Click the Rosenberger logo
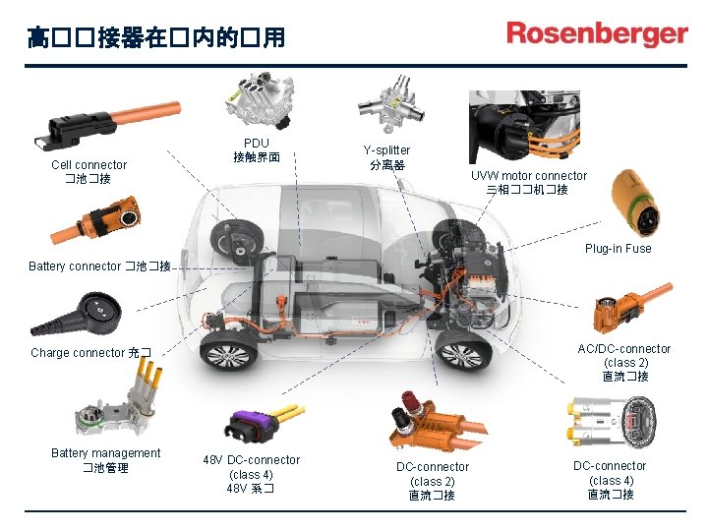(x=597, y=34)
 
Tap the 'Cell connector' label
(x=88, y=165)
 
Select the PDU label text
(x=257, y=144)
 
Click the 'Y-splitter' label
(x=386, y=150)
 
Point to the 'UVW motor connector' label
(x=528, y=176)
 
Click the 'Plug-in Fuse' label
(x=618, y=248)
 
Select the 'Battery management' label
(x=105, y=453)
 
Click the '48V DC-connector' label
(x=251, y=460)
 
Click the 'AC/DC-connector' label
(x=624, y=348)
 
